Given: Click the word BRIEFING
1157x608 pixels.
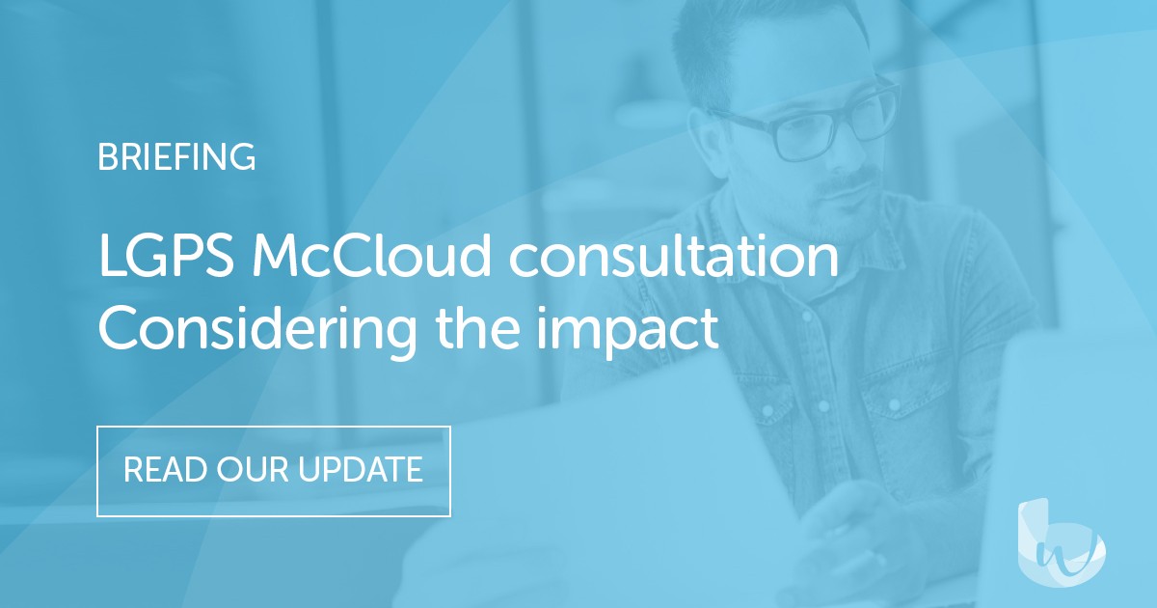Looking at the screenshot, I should click(x=176, y=156).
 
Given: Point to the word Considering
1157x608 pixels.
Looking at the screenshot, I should click(x=258, y=330).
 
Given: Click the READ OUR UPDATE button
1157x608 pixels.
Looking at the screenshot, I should click(x=273, y=470).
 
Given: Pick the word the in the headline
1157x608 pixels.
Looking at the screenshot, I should click(x=501, y=330).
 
